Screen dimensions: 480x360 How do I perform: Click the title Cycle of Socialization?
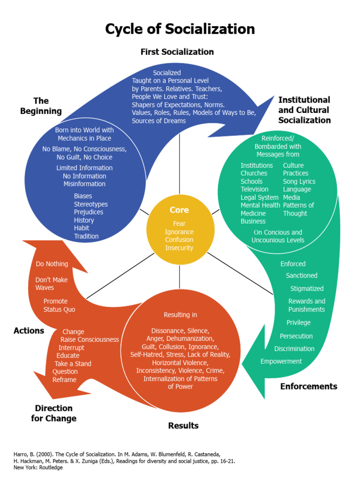180,29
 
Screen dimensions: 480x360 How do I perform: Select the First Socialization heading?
177,52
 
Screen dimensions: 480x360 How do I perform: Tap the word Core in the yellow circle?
179,210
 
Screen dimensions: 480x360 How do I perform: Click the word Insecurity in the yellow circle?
179,248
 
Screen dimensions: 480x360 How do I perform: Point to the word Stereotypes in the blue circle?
90,204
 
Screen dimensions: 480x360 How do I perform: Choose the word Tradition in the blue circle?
86,236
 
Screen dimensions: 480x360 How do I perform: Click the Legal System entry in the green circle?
260,197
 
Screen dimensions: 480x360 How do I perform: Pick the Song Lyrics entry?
299,181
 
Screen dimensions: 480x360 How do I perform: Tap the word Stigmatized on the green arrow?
307,289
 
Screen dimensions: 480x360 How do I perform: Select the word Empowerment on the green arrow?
281,361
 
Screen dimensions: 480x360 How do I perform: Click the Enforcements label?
308,386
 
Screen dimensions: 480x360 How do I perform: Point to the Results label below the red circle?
183,426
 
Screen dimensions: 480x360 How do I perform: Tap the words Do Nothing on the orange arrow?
52,264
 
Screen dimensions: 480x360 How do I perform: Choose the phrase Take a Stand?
73,364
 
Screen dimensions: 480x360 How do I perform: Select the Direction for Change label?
53,413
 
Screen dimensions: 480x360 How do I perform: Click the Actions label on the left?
29,330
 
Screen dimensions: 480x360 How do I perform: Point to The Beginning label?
41,106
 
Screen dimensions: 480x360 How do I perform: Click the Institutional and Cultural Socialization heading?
304,110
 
